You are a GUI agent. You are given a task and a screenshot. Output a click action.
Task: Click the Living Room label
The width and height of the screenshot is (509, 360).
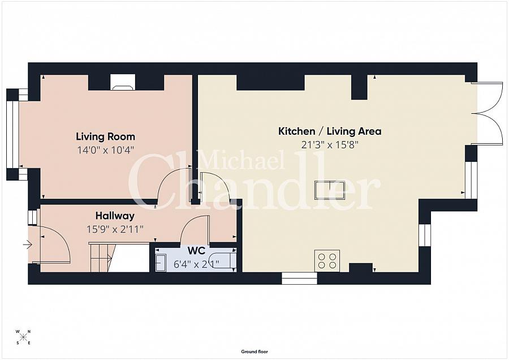[106, 136]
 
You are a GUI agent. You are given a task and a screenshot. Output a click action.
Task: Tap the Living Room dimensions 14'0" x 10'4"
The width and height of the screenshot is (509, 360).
[106, 150]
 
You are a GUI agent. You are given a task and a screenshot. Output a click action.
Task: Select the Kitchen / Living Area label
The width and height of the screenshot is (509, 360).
[330, 131]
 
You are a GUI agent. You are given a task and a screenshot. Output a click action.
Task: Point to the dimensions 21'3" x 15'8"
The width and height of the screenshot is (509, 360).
[330, 144]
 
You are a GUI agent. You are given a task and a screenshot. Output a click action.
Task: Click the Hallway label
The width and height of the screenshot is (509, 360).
[115, 216]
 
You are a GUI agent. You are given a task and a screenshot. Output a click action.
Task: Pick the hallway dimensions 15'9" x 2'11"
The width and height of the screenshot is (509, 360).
[115, 229]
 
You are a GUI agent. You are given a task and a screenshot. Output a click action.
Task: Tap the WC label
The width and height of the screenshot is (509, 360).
[196, 251]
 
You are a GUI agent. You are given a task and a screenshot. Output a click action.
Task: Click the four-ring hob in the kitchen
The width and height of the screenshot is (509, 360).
[327, 261]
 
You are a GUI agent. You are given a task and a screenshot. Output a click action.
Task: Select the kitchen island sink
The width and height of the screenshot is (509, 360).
[330, 190]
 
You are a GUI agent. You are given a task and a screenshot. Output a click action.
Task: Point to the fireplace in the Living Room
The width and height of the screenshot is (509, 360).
[122, 82]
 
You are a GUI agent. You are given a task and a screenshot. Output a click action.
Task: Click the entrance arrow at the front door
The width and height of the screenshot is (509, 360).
[28, 245]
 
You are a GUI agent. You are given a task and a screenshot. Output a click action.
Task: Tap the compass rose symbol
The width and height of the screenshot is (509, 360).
[23, 337]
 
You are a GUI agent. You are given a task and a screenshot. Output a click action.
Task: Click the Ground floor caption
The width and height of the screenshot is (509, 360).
[255, 352]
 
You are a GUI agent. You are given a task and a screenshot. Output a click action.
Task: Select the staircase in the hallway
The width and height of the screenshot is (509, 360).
[102, 257]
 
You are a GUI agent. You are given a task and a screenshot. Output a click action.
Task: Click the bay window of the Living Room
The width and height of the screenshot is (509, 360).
[13, 135]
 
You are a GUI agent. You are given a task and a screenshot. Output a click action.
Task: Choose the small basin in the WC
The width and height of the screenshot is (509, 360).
[161, 263]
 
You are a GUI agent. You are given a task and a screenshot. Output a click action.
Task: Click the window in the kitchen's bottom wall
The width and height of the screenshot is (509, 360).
[299, 278]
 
